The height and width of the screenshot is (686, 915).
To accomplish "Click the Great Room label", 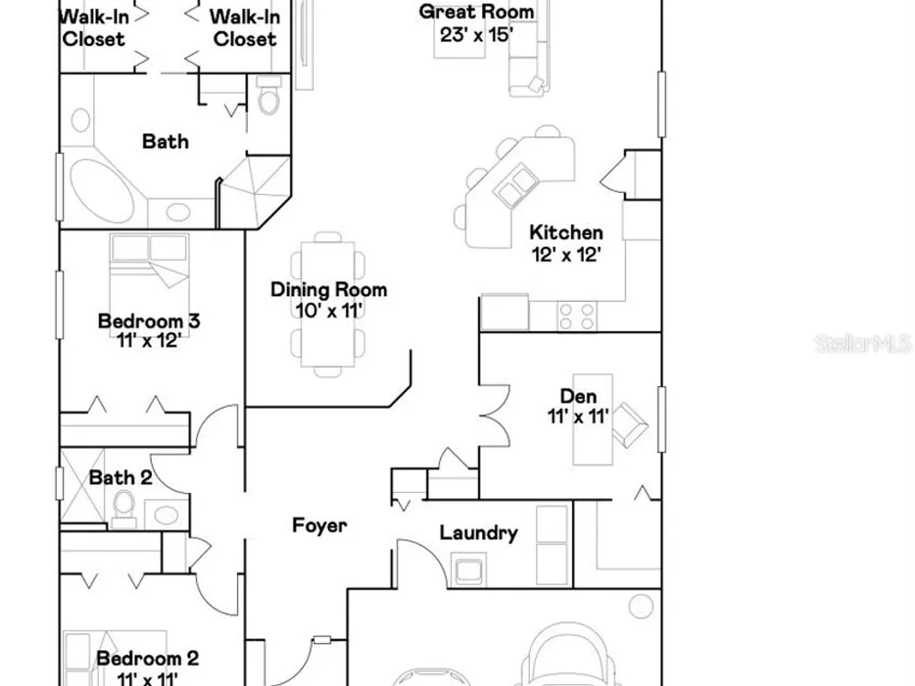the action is tap(476, 12).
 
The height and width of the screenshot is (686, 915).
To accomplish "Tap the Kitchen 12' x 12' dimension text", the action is tap(566, 254).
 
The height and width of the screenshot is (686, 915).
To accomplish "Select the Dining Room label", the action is tap(328, 289).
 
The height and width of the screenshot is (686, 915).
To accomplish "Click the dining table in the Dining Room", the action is tap(328, 305).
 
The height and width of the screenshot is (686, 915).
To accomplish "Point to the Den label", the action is tap(578, 396).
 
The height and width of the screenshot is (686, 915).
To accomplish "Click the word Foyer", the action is tap(319, 525).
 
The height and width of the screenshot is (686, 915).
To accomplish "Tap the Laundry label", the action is tap(479, 532).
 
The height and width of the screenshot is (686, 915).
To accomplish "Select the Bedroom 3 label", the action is tap(149, 321).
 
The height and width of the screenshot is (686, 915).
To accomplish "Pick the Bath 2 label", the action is tap(120, 477).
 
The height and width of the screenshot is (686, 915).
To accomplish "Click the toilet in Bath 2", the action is tap(124, 508).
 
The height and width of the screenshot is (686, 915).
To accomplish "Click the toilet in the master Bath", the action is tap(268, 94).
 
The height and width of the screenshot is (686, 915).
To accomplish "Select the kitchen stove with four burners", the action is tap(577, 316).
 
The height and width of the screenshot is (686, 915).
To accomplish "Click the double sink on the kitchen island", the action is tap(516, 186).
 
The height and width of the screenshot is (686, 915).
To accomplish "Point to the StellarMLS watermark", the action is tap(864, 344).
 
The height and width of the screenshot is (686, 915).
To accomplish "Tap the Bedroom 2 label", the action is tap(147, 659).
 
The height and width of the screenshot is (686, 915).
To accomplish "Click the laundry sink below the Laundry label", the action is tap(468, 569).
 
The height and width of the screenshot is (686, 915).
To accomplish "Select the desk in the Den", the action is tap(593, 420).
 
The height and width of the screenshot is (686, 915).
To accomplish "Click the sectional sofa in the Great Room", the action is tap(529, 59).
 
